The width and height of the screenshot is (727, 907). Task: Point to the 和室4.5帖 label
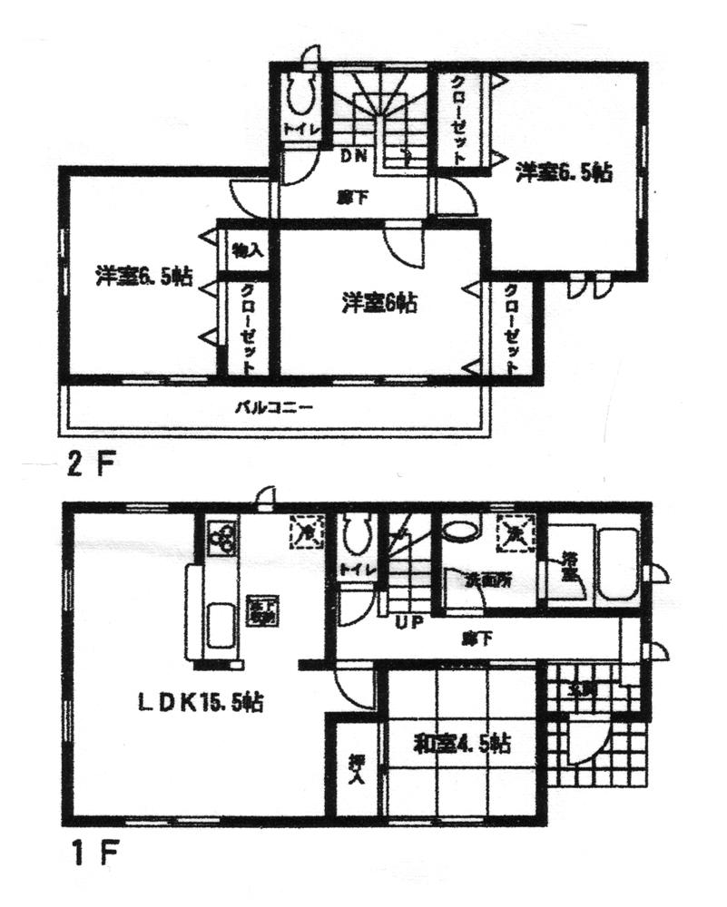point(462,745)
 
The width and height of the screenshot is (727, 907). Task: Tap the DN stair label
point(353,155)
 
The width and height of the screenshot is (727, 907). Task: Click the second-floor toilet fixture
point(299,93)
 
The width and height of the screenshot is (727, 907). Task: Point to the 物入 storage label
point(247,249)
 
